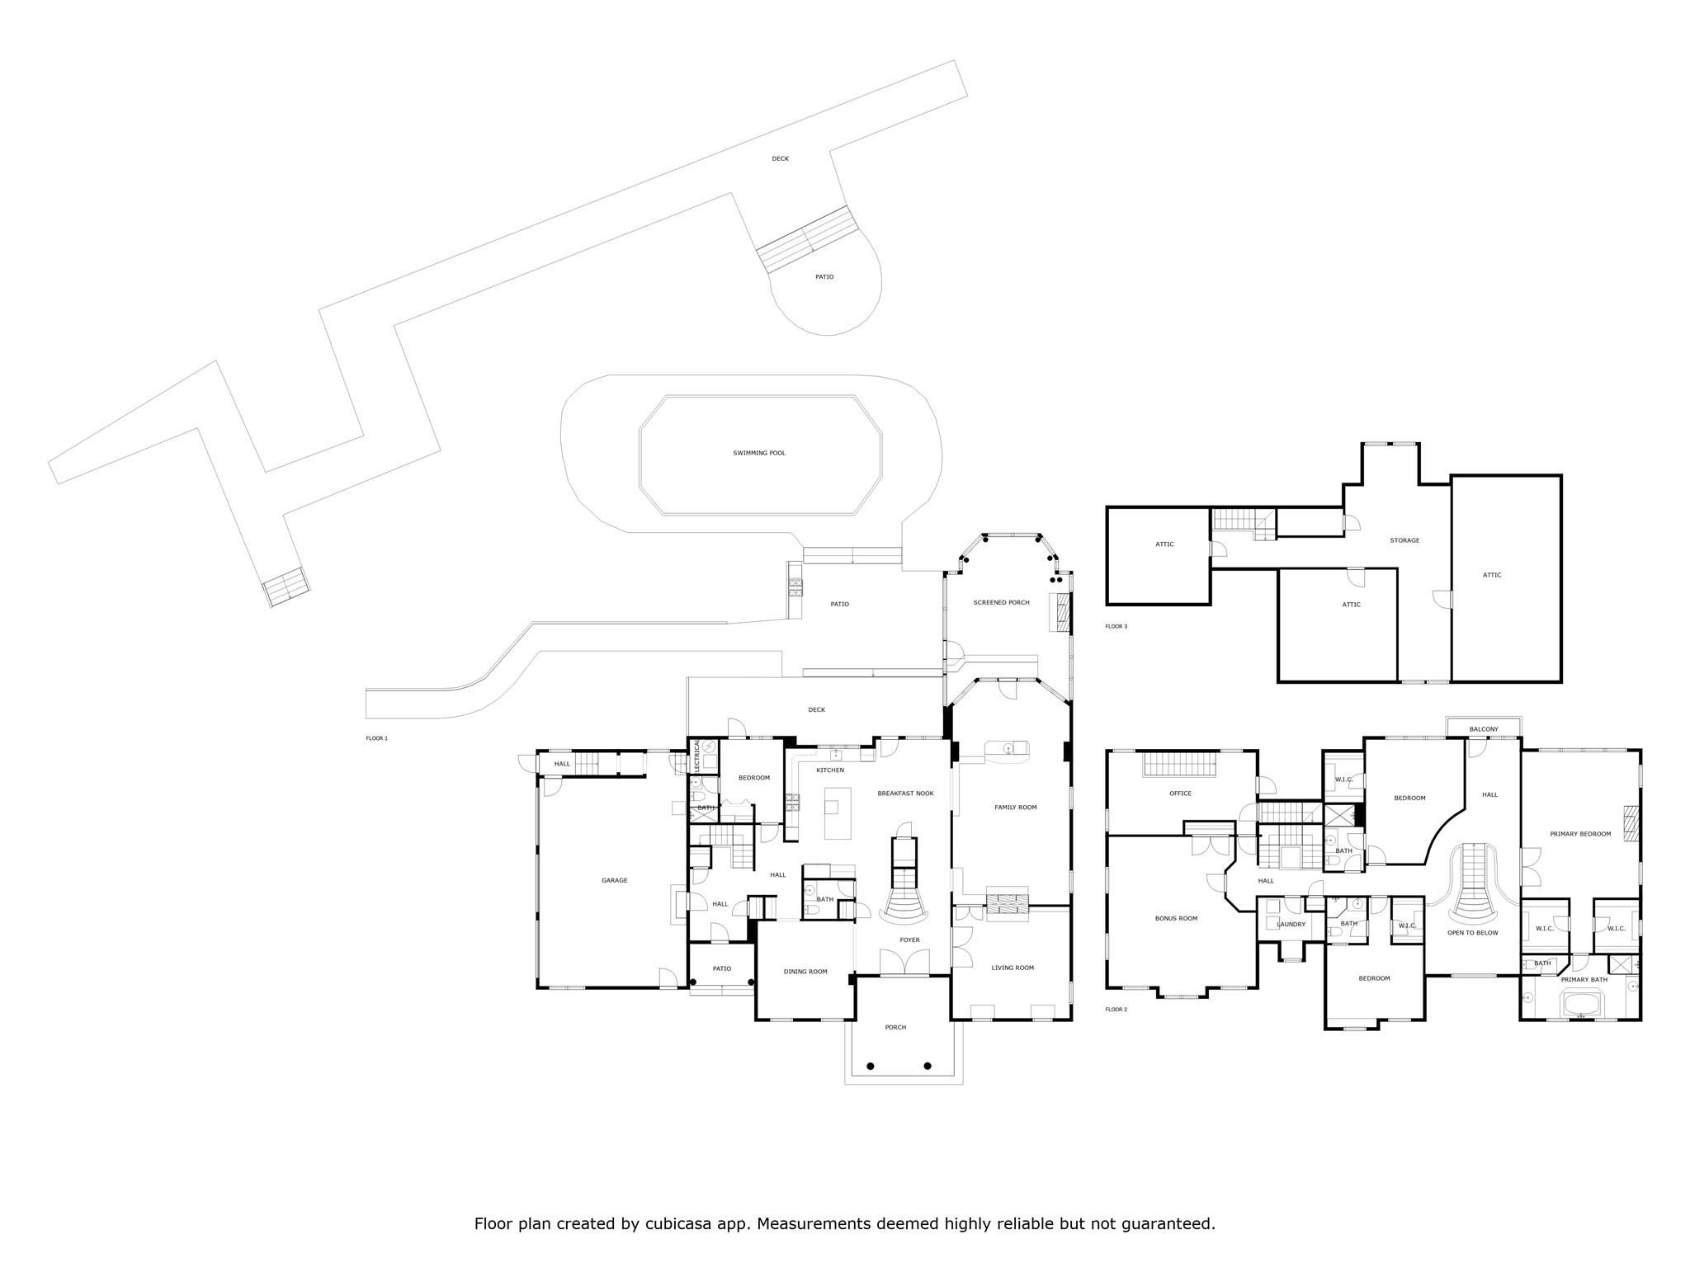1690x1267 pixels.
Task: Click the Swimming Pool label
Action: [759, 453]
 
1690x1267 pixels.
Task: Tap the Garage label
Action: [615, 880]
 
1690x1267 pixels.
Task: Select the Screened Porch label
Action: [1001, 602]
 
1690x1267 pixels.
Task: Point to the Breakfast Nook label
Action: [905, 793]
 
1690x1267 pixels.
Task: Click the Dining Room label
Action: [805, 972]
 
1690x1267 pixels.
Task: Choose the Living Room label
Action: [1013, 968]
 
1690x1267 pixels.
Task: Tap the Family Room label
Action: [1015, 807]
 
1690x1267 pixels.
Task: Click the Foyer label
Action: [909, 940]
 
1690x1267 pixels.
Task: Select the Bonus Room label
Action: [1176, 918]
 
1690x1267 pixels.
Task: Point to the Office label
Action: [1180, 794]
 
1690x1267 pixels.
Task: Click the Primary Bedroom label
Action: [1580, 834]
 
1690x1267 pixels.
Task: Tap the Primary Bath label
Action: [1584, 980]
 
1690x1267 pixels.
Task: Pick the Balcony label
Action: [1484, 729]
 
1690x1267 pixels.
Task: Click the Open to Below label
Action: [1473, 933]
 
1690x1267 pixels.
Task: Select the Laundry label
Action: [1291, 924]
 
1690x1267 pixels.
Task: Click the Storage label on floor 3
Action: [1404, 540]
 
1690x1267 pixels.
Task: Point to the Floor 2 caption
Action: [1116, 1010]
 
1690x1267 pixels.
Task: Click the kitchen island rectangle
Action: [838, 813]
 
